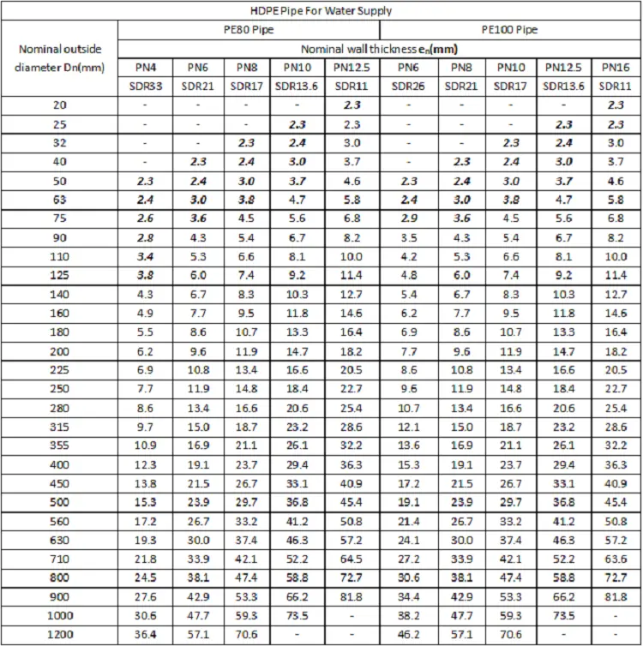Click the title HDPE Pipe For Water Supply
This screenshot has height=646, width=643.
click(x=321, y=11)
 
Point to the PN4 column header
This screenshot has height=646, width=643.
click(x=146, y=67)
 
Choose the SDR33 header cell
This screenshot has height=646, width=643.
click(x=146, y=86)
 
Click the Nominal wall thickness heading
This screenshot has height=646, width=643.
click(x=377, y=48)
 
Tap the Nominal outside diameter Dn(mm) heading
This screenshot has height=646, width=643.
click(x=59, y=58)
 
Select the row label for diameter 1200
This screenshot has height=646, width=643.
click(x=59, y=635)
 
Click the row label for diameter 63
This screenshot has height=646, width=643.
click(x=59, y=199)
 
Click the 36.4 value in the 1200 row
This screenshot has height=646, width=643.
click(x=146, y=635)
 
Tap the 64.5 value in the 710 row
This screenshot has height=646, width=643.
click(x=352, y=559)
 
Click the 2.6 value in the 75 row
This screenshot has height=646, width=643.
click(x=146, y=218)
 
